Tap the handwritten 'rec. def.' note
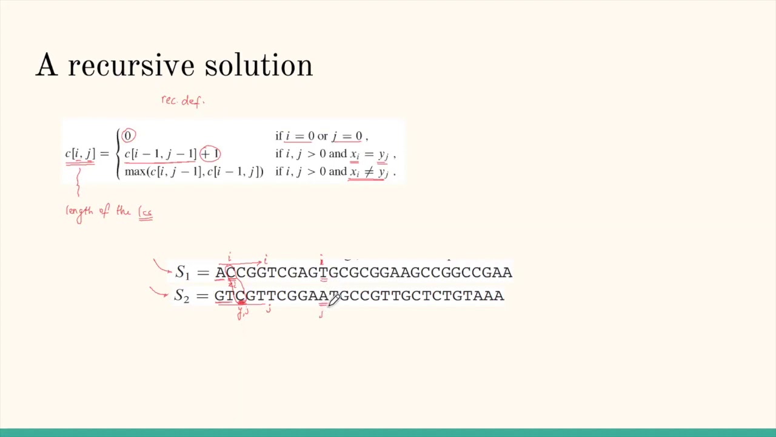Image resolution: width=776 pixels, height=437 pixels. (182, 101)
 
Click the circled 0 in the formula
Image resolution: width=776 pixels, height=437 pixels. (128, 135)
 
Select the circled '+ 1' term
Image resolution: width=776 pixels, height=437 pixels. (210, 154)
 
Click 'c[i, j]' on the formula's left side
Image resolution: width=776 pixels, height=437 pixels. (80, 154)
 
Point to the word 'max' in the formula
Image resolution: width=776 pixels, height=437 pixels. (135, 172)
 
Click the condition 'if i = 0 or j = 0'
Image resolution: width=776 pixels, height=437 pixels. (321, 136)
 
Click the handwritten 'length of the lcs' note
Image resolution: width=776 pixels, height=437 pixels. (109, 212)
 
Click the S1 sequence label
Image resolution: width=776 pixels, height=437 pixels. (182, 273)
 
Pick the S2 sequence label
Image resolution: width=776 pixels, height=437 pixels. (181, 296)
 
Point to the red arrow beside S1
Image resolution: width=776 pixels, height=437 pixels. (161, 266)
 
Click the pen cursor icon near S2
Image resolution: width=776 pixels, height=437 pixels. (333, 300)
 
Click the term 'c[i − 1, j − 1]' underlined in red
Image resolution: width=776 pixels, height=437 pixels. (160, 154)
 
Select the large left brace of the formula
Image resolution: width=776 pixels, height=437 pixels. (118, 154)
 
